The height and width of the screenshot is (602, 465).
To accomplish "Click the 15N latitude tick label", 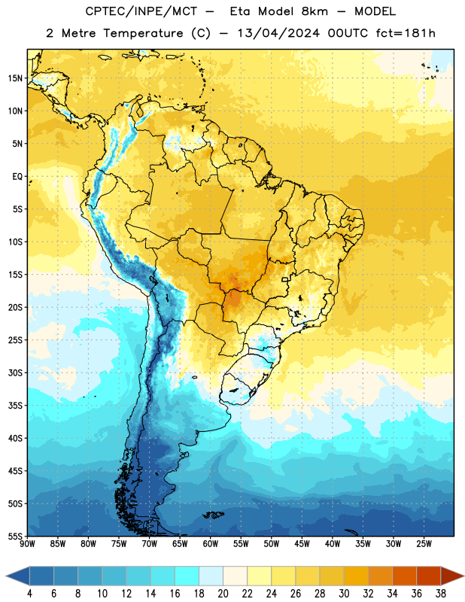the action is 15,78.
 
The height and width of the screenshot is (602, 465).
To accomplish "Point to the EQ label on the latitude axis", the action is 17,177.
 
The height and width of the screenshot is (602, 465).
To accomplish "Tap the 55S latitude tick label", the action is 15,537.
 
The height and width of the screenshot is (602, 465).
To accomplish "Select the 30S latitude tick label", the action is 15,372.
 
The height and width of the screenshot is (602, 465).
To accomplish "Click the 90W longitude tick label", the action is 27,544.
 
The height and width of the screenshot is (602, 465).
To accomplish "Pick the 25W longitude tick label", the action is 424,544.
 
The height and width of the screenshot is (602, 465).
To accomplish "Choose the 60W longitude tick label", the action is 211,544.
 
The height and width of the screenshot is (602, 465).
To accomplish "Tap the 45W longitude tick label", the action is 302,544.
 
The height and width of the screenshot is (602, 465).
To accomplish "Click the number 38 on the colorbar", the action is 441,594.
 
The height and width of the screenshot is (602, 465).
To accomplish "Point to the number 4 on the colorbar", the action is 29,594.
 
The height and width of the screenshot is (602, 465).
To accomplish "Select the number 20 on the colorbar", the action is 223,594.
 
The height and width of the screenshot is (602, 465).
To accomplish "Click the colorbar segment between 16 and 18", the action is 187,576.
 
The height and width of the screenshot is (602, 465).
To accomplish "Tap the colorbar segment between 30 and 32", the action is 357,576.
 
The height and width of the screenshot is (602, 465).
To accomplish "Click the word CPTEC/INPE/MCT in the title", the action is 141,11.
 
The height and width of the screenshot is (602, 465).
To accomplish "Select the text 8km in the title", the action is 315,11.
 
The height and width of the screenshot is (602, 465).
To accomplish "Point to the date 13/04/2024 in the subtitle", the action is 278,33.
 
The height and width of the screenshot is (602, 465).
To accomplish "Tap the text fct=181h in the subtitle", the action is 406,33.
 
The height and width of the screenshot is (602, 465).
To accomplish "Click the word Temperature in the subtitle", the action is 143,34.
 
